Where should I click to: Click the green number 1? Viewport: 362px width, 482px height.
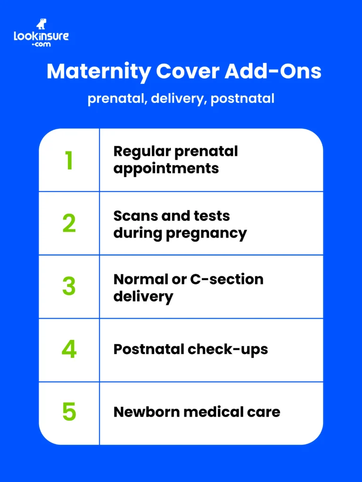pos(69,161)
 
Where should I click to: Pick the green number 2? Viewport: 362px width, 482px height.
pos(69,224)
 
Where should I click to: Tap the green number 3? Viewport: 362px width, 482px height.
pos(69,287)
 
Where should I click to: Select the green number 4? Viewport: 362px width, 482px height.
pos(69,350)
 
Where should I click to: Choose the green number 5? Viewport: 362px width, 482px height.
pos(69,412)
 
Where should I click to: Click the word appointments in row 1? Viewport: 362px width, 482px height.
pos(166,169)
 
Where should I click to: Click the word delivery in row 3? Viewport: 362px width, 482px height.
pos(143,297)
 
